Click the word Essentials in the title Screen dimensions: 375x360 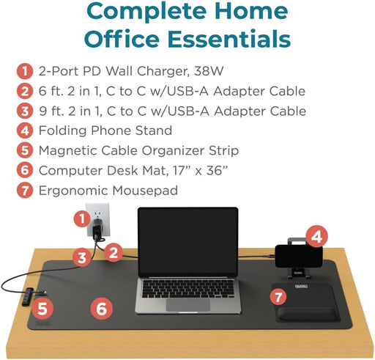229,39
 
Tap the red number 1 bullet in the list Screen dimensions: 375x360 25,71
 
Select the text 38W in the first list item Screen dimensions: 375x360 209,71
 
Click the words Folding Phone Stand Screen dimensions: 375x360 105,131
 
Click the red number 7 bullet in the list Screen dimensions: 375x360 25,191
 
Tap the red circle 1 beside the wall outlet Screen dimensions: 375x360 83,219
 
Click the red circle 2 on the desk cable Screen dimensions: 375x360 114,253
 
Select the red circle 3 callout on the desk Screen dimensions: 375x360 82,257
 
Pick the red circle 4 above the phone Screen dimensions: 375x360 316,237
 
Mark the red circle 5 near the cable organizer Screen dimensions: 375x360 42,309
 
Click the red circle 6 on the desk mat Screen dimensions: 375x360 102,309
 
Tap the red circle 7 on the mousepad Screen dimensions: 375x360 278,297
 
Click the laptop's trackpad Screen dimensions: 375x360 188,305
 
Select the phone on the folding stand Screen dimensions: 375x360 299,257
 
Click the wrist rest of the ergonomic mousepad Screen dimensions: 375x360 308,315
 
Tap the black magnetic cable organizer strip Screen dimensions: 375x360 27,297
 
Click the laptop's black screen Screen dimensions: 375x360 188,241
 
